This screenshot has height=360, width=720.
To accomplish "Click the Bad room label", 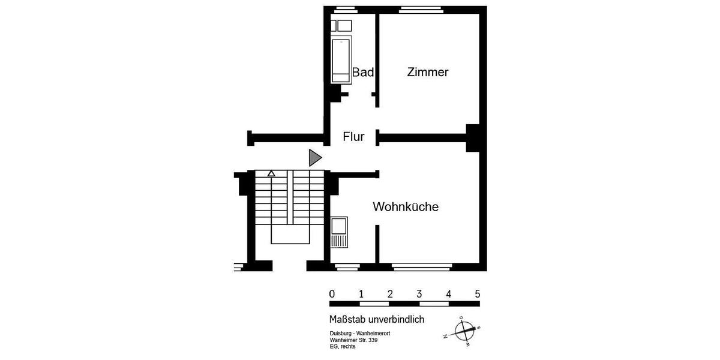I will (x=363, y=73).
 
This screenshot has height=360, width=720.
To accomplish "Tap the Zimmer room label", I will (x=428, y=73).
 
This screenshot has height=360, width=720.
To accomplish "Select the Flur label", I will (x=353, y=137).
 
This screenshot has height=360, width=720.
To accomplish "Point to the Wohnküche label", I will (x=406, y=207).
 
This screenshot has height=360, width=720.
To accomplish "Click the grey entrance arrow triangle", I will (x=314, y=158).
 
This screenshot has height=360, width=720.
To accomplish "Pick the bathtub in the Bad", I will (x=341, y=61).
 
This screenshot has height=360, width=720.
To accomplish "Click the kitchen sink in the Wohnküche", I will (x=339, y=226).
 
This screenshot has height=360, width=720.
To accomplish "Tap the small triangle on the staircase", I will (x=271, y=173).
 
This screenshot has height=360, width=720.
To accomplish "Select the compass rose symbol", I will (x=463, y=331).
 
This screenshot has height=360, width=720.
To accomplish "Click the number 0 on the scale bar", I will (x=332, y=294).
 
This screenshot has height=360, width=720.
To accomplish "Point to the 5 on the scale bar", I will (x=478, y=294).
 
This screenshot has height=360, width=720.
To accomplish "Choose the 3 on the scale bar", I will (x=419, y=294).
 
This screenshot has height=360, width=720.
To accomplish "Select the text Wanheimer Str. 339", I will (x=353, y=340).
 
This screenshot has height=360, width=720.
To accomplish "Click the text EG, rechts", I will (x=343, y=347).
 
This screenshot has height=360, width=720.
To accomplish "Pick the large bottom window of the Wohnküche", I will (x=422, y=265).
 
